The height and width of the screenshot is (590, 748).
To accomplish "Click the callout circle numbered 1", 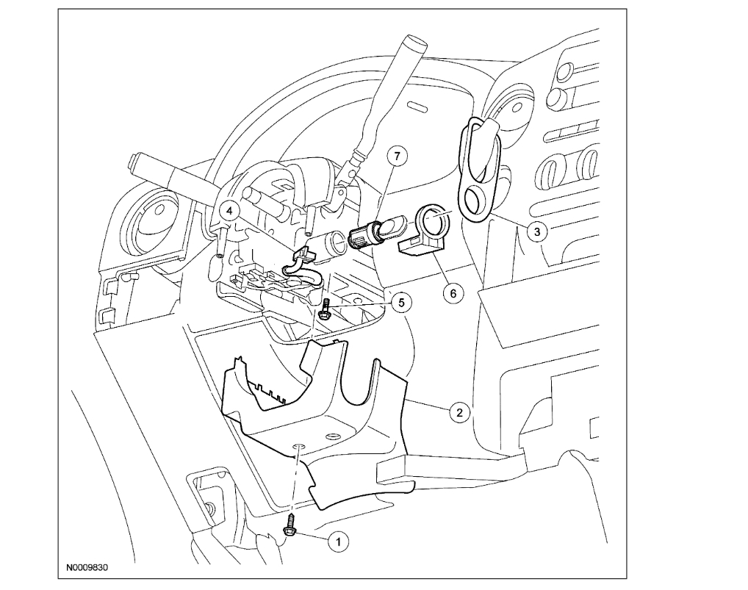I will coord(338,542).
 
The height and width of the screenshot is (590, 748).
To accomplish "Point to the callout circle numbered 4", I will coord(230,211).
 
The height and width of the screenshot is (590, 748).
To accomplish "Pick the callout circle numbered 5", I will coord(401,301).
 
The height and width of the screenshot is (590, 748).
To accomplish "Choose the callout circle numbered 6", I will coord(453,292).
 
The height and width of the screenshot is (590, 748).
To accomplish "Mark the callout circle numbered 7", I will coord(397,157).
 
